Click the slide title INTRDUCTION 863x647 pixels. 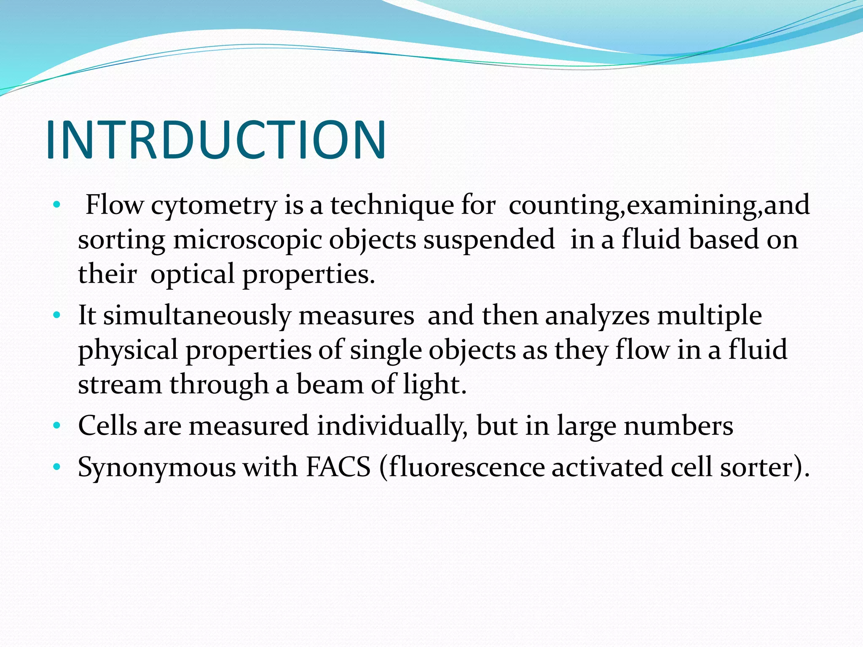coord(216,140)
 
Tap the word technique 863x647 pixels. coord(392,206)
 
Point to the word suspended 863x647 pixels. coord(489,240)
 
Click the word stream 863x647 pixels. coord(120,385)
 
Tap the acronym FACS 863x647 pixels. coord(338,468)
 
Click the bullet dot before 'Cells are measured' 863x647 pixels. coord(57,426)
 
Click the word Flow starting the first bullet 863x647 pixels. coord(114,206)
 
